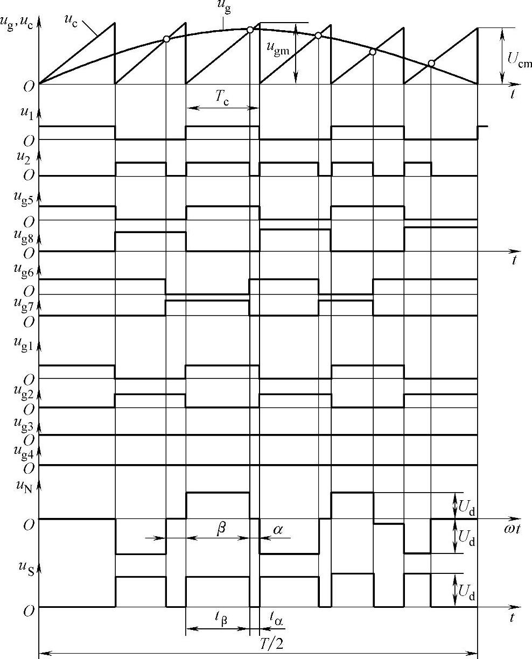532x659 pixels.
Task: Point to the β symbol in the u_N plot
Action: (x=221, y=530)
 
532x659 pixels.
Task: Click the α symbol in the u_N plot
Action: (x=278, y=530)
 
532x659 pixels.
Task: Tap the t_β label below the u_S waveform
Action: (x=221, y=619)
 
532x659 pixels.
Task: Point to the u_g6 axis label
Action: (x=24, y=272)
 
